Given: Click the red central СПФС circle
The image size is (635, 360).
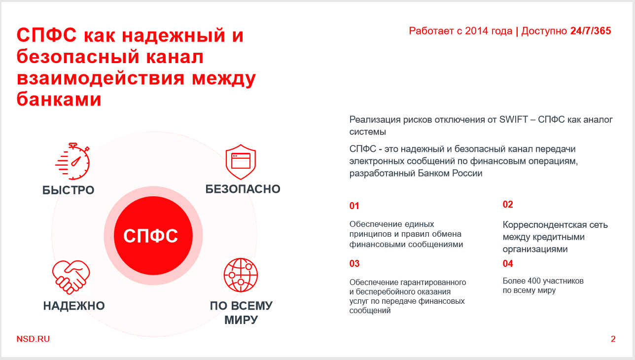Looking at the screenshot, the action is pos(153,236).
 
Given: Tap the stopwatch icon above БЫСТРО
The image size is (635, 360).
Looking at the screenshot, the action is pos(72,161).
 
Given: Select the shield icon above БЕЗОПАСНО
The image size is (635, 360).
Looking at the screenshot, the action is pos(241,162).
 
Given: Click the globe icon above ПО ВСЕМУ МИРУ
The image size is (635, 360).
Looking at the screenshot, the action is pos(241,275).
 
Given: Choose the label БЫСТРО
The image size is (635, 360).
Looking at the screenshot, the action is pos(69,190).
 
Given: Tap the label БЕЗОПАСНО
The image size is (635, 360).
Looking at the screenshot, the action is pos(243,189).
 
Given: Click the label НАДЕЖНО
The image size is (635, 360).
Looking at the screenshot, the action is pos(74,306).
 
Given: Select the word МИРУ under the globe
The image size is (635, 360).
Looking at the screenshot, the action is pos(241,320).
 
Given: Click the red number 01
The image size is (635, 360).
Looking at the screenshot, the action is pos(354,206).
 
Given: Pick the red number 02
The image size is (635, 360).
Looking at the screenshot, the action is pos(508,204).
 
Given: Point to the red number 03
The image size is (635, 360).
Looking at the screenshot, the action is pos(354,264).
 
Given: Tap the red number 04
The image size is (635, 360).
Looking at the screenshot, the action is pos(508,264).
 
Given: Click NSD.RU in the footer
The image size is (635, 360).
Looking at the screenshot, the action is pos(33,339).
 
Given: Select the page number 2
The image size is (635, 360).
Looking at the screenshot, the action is pos(613,339).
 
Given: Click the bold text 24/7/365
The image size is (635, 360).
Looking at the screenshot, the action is pos(591,31).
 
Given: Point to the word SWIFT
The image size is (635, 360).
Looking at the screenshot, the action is pos(513,120).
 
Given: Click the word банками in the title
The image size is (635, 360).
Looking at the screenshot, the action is pos(59,99).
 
